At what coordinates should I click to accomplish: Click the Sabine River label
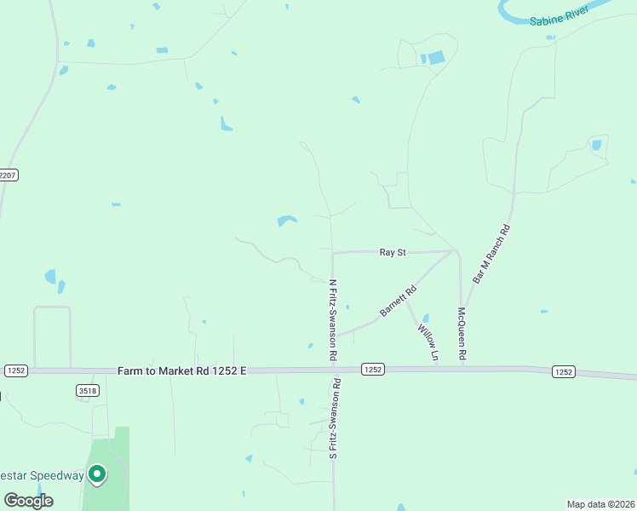(x=559, y=20)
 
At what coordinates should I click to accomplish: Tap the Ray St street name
(x=392, y=252)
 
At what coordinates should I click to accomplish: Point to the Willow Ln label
(x=428, y=341)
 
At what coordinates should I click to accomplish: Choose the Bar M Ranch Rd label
(x=492, y=254)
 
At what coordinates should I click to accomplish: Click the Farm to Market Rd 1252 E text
(x=181, y=370)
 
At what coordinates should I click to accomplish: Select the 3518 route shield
(x=86, y=391)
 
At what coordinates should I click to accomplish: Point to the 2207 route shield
(x=7, y=175)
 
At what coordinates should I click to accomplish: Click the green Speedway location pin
(x=97, y=474)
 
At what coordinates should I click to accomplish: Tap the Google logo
(x=29, y=500)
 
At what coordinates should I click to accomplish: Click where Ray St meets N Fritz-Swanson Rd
(x=332, y=252)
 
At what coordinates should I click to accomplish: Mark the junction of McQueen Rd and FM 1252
(x=462, y=370)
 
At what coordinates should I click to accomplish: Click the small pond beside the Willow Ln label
(x=425, y=319)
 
